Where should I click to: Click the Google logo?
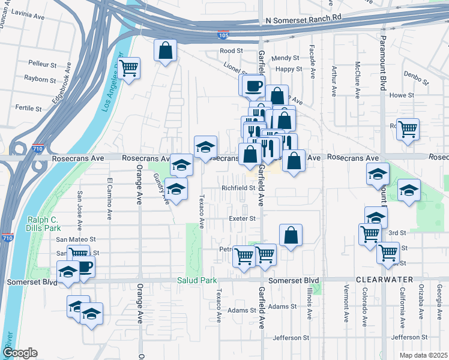coord(19,353)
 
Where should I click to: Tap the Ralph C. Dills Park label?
coord(44,224)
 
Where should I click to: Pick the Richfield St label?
coord(239,188)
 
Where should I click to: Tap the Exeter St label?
coord(243,219)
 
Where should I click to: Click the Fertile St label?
coord(29,109)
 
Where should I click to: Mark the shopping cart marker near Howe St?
coord(408,128)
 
